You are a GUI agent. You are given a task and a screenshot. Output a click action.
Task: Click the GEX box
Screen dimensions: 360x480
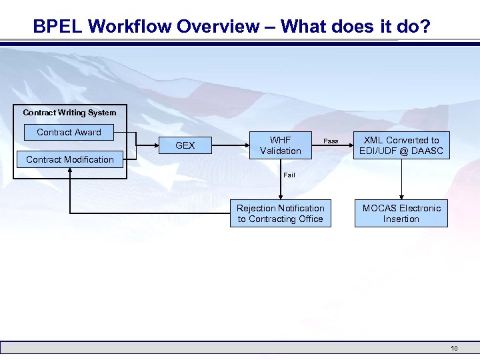point(185,145)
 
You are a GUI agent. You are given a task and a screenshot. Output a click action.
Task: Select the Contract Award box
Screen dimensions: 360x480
point(69,132)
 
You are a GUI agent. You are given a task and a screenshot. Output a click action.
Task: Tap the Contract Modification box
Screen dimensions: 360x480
point(70,159)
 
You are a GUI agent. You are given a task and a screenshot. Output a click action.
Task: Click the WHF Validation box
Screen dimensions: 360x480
point(280,145)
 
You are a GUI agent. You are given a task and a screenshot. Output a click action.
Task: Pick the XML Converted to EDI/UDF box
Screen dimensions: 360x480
point(401,145)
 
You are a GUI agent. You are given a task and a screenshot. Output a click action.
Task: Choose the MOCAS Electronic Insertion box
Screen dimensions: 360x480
point(401,213)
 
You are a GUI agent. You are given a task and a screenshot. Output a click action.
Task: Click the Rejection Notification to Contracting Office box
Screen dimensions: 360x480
point(280,213)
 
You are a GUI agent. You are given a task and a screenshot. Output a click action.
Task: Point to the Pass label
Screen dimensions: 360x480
point(331,141)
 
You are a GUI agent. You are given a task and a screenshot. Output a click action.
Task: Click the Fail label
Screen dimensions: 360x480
point(289,175)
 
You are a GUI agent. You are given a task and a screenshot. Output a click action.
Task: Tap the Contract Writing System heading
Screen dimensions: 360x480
point(69,113)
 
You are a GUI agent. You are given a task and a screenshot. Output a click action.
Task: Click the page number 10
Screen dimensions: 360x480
point(454,348)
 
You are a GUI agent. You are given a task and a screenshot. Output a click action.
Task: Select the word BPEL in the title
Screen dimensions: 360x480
point(57,27)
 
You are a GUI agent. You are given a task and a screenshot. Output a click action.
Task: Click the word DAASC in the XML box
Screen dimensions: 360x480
point(427,151)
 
